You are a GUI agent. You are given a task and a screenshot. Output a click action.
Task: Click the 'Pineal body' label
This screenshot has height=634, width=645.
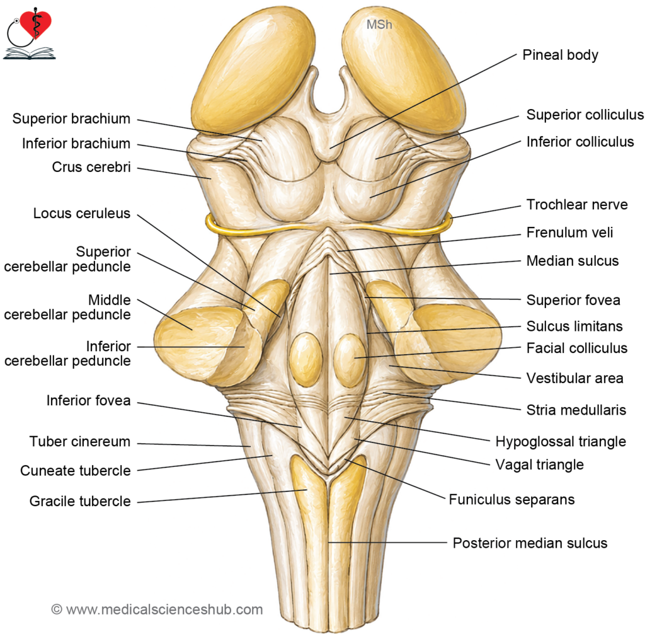point(560,55)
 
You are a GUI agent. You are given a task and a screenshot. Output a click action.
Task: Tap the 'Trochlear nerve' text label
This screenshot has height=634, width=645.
point(577,205)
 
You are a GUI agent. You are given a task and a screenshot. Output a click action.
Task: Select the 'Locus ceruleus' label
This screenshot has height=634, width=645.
point(82,213)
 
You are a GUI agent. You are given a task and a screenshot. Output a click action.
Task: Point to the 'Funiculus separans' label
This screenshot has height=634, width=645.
point(511,499)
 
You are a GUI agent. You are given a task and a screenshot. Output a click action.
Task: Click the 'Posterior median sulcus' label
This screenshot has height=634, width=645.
point(530,543)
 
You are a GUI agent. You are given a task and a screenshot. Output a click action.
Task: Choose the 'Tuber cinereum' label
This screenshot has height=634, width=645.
point(80,441)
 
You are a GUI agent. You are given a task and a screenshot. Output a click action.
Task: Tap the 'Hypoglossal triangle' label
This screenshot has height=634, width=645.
point(561,442)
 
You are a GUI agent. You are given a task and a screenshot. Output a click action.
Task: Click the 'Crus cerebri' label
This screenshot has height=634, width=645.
point(91,167)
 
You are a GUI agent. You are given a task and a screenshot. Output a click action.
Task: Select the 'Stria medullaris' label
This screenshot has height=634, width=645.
point(576,410)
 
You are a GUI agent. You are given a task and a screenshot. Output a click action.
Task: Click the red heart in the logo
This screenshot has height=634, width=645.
point(36,23)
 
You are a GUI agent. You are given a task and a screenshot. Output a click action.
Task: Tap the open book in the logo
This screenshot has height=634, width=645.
point(29,54)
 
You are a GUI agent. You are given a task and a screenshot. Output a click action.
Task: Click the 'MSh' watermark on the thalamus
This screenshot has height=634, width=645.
point(379,25)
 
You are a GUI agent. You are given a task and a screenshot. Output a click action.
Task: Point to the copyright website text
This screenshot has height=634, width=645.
point(157,609)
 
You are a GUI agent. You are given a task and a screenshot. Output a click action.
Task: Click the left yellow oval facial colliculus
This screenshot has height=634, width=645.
point(305,359)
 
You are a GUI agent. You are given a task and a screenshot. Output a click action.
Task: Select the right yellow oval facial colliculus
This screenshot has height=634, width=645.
point(350,360)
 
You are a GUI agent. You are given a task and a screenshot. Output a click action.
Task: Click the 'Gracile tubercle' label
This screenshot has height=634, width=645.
point(80,501)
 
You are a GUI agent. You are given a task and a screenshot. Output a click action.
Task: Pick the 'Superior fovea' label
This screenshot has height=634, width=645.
point(573,300)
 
